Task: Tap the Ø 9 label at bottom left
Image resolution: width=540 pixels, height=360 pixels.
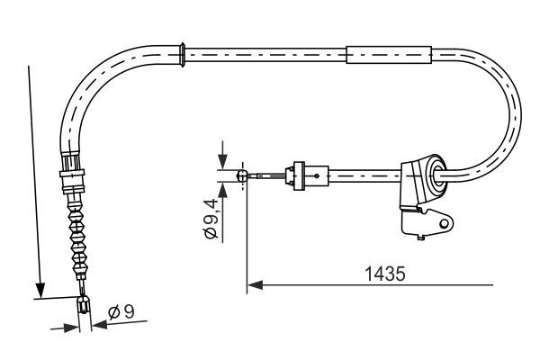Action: tap(121, 314)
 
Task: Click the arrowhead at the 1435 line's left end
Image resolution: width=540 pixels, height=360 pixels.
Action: tap(252, 285)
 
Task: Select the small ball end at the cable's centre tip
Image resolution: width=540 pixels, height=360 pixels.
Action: tap(241, 176)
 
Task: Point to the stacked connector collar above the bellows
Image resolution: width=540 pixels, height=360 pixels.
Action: tap(71, 171)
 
